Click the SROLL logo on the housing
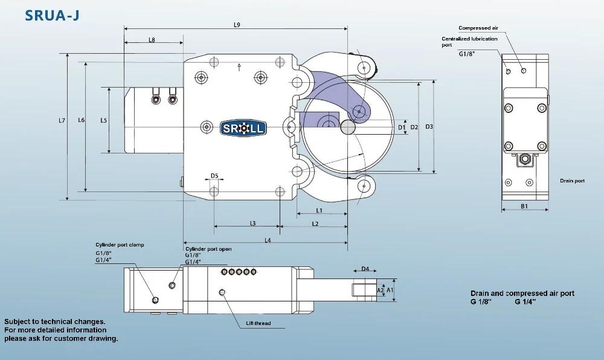(x=243, y=127)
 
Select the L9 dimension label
(x=237, y=25)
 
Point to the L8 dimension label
(x=152, y=40)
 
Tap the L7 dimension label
(x=62, y=120)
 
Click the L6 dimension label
(x=82, y=120)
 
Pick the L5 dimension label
(x=103, y=120)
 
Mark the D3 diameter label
(x=429, y=127)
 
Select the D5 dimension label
(x=214, y=176)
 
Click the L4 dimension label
(x=268, y=240)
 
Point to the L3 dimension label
(x=252, y=223)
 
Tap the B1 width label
(x=525, y=206)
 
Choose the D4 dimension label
(x=365, y=269)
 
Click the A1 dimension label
(x=390, y=290)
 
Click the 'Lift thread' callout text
(x=258, y=323)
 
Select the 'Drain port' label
(x=572, y=181)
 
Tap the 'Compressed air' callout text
(x=478, y=28)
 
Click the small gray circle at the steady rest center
(x=347, y=127)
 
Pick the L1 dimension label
(x=319, y=210)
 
